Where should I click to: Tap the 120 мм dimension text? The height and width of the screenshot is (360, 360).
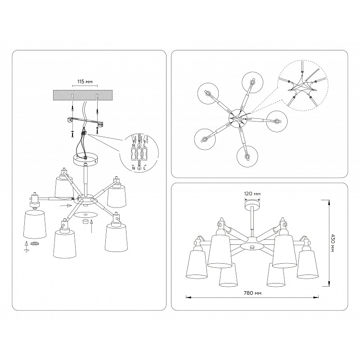pos(252,194)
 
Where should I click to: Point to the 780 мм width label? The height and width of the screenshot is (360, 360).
pos(252,293)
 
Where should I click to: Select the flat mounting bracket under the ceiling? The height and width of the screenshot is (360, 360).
pos(85,121)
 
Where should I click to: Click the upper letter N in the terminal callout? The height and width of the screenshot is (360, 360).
pos(133,145)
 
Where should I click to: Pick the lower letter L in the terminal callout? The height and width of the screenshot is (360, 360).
pos(144,168)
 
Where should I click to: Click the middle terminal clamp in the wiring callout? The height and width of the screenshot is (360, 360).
pos(139,154)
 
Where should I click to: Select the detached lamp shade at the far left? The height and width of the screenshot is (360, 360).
pos(35,224)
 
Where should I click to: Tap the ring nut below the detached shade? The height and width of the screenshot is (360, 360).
pos(35,243)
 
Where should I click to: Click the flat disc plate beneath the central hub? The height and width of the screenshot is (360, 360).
pos(86,215)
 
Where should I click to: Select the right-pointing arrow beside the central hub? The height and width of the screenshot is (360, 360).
pos(66,205)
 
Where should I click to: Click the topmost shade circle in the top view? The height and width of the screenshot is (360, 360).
pos(252,83)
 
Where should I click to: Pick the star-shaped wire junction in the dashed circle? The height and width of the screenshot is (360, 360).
pos(301,88)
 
